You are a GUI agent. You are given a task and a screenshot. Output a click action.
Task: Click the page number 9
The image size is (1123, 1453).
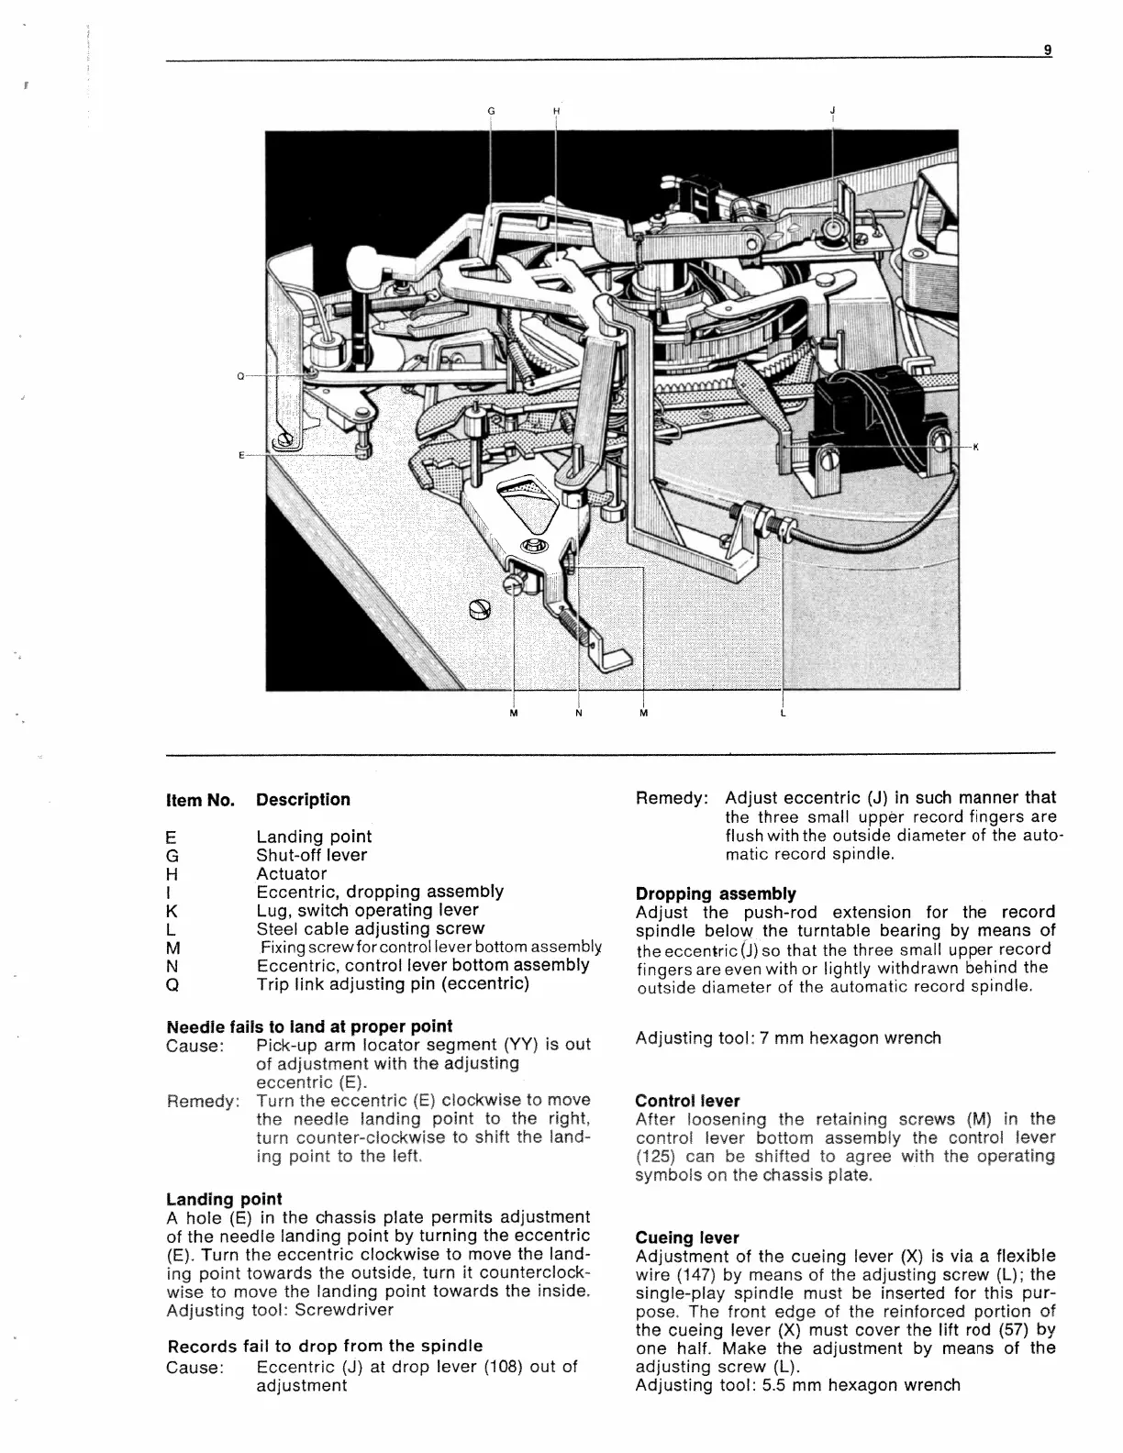[1047, 51]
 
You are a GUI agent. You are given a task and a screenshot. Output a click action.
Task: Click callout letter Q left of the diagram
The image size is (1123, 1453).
[240, 376]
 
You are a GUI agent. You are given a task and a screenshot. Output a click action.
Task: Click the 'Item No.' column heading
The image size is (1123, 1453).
[200, 800]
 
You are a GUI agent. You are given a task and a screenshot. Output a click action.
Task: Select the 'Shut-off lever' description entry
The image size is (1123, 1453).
[311, 855]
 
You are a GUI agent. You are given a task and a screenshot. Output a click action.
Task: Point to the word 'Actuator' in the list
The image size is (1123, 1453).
[291, 873]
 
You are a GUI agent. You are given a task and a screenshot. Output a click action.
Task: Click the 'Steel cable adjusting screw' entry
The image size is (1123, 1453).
[370, 928]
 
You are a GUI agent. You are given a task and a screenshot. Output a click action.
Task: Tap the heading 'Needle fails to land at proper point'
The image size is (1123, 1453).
[309, 1026]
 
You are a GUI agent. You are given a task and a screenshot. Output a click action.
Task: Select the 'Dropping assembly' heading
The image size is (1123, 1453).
[716, 893]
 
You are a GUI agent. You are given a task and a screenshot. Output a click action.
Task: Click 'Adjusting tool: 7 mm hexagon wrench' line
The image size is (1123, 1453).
[788, 1037]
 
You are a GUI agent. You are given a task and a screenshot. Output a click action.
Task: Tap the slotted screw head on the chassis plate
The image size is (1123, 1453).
[480, 608]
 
